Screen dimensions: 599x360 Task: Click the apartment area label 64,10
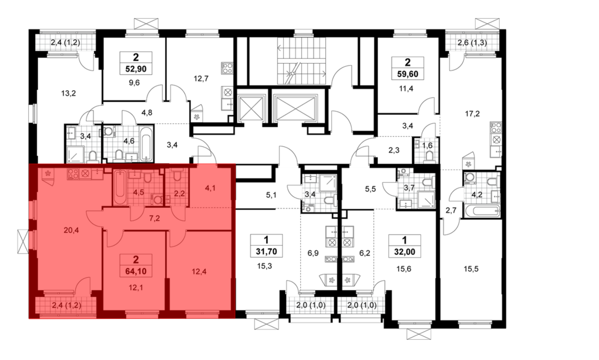(x=136, y=271)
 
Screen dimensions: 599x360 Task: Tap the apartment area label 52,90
(x=136, y=69)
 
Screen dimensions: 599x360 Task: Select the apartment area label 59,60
(x=408, y=74)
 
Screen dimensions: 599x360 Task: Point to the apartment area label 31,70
(x=266, y=252)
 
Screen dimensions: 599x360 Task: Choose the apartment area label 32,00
(x=405, y=252)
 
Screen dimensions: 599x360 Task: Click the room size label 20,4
(x=71, y=230)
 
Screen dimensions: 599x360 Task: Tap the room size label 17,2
(x=472, y=114)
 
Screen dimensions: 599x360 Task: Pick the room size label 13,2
(x=69, y=93)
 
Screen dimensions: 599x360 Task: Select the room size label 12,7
(x=201, y=79)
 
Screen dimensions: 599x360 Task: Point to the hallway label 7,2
(x=155, y=218)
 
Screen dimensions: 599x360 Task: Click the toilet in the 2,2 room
(x=177, y=176)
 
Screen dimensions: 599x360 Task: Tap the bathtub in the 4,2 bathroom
(x=482, y=211)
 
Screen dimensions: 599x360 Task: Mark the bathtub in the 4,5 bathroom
(x=120, y=187)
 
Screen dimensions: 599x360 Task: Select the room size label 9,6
(x=134, y=83)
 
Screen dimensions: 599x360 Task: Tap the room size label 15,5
(x=471, y=269)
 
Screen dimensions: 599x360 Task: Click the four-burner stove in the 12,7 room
(x=227, y=68)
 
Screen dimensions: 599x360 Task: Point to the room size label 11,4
(x=406, y=89)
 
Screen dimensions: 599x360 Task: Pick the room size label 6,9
(x=313, y=253)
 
